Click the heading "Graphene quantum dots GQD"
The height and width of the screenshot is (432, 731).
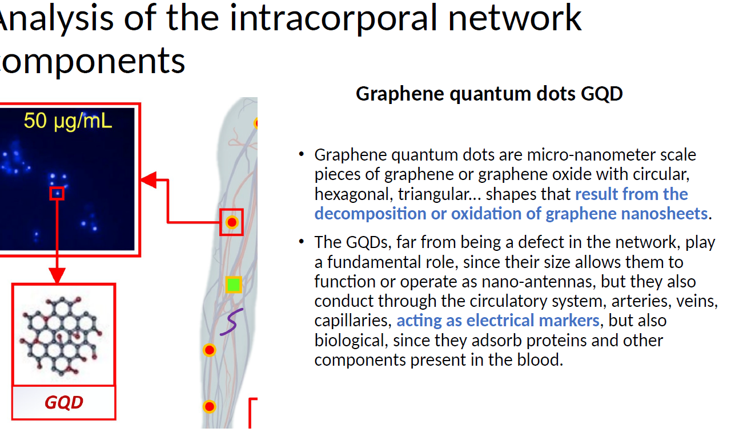[x=489, y=94]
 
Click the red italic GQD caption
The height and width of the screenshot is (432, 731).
[x=64, y=402]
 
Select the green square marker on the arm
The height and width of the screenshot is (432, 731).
[x=234, y=285]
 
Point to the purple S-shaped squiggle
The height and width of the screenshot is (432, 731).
[x=232, y=322]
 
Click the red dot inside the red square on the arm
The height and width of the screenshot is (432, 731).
[x=232, y=222]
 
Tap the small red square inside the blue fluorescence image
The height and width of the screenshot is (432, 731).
[x=57, y=193]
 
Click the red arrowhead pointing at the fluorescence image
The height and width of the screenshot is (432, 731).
[x=148, y=180]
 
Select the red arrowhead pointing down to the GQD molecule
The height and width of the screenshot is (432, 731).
[x=57, y=275]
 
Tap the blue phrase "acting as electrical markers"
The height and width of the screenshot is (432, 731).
[x=498, y=321]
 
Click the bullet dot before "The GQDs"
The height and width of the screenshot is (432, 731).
[x=301, y=242]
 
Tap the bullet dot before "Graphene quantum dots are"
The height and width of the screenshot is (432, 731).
[x=301, y=154]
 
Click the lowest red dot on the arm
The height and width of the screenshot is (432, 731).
[x=209, y=406]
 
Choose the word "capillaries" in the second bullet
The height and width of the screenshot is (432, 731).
[x=353, y=321]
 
